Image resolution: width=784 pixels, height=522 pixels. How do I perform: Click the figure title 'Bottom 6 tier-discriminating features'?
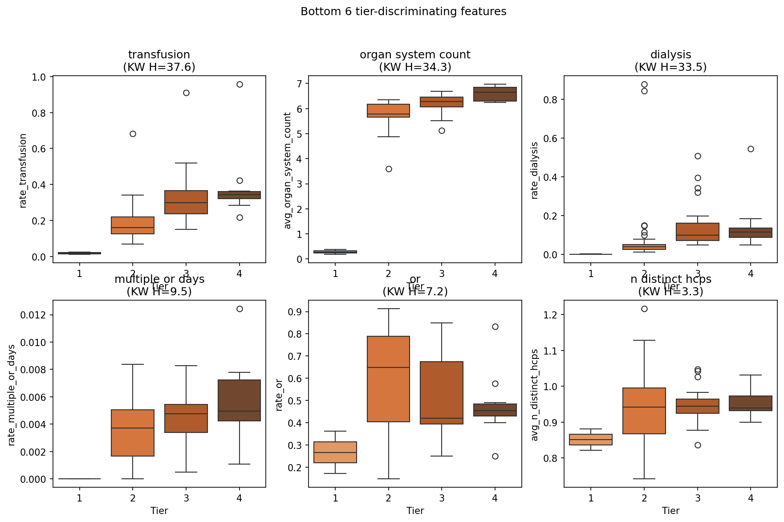403,12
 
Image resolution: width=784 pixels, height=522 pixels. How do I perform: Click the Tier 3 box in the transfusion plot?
186,202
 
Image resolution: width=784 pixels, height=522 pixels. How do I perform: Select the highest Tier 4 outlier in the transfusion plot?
240,84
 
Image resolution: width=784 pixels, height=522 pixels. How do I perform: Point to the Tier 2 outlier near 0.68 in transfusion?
133,134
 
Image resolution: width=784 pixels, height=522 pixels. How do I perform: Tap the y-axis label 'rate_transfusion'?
23,171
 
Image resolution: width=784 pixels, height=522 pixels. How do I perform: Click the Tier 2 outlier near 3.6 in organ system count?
389,169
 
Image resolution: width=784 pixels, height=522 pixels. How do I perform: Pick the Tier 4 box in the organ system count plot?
495,94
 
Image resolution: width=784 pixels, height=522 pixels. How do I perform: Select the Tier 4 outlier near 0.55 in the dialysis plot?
751,149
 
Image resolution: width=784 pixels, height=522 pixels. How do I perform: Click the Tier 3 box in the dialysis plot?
698,232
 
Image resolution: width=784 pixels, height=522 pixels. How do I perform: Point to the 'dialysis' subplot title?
670,55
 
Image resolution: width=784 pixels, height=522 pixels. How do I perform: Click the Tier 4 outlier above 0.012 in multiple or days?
240,309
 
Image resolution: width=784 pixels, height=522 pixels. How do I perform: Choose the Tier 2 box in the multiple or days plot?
133,432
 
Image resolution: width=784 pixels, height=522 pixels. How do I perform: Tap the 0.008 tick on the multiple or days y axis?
33,370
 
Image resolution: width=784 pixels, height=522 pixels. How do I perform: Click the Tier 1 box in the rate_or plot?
335,452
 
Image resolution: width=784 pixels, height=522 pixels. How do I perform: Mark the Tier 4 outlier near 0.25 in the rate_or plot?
495,456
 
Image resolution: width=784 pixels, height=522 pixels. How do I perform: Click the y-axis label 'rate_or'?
279,395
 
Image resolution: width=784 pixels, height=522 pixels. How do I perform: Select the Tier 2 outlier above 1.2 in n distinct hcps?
644,309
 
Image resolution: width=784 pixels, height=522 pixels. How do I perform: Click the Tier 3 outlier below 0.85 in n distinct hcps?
698,445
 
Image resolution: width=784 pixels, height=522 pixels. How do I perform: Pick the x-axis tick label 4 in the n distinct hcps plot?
751,498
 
